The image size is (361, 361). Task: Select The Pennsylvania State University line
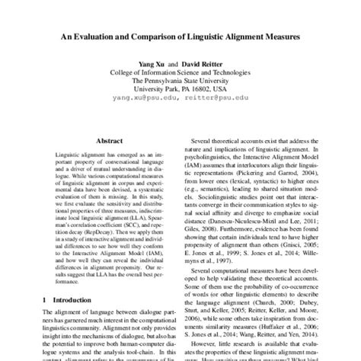180,80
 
